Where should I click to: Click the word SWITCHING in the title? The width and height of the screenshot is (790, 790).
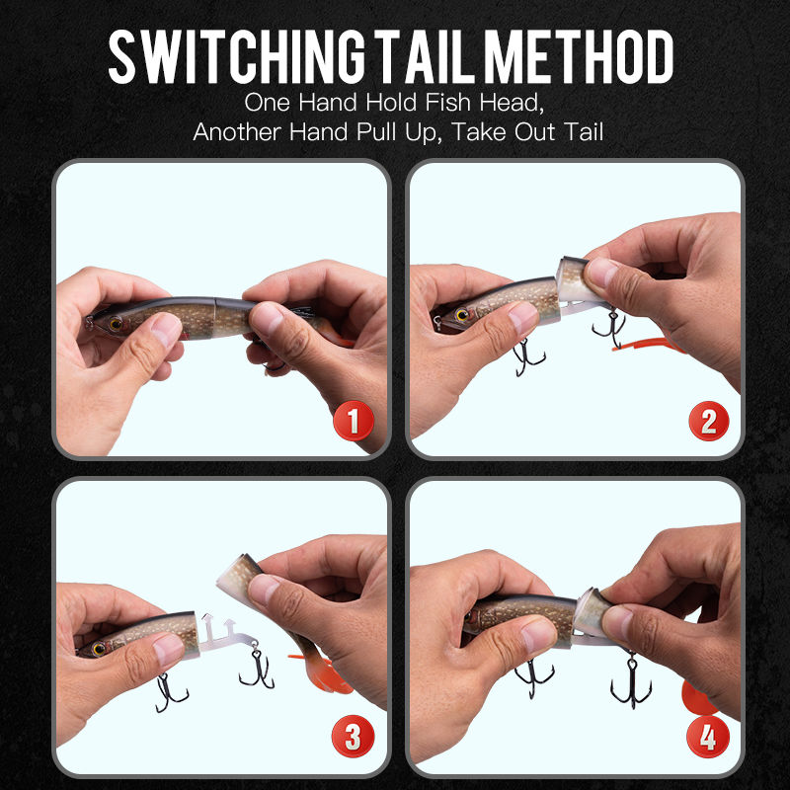237,56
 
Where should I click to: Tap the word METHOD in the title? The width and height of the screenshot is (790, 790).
579,56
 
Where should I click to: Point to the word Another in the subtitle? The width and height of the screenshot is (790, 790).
237,132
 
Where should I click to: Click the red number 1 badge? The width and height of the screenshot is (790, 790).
354,421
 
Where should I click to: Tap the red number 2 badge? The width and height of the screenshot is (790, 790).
709,421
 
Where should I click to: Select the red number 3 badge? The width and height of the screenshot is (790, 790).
354,736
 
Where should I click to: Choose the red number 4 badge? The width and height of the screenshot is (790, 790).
708,737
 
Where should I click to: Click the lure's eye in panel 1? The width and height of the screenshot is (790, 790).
116,324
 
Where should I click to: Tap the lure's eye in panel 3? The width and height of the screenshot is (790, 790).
99,649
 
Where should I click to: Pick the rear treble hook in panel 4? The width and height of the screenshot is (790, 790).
631,680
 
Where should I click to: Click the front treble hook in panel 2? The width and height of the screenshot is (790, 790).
527,356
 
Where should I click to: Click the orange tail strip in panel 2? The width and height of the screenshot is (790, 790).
648,345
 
